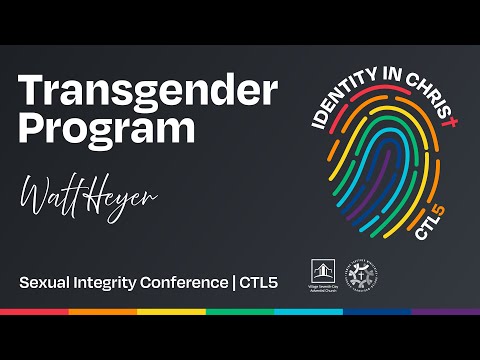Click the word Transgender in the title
pyautogui.click(x=147, y=93)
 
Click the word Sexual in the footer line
pyautogui.click(x=44, y=283)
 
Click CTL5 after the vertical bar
pyautogui.click(x=258, y=283)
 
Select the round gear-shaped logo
pyautogui.click(x=361, y=275)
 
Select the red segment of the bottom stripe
pyautogui.click(x=34, y=312)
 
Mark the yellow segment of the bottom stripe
pyautogui.click(x=171, y=312)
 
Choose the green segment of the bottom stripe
pyautogui.click(x=240, y=312)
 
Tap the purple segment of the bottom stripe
pyautogui.click(x=446, y=312)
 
